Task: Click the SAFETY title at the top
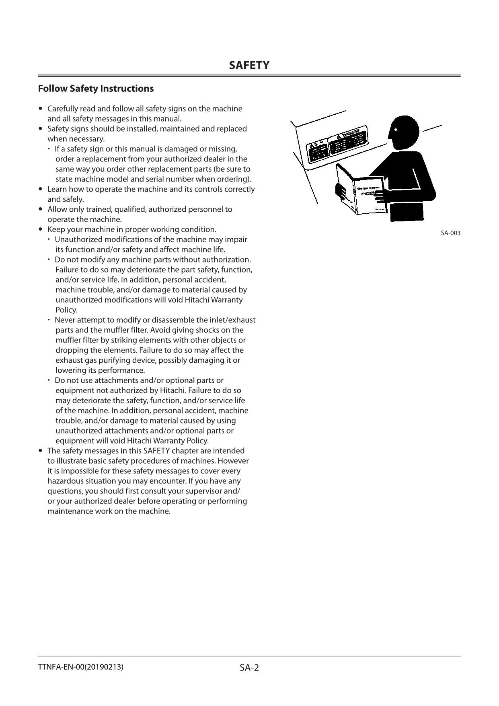249,66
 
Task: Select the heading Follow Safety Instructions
96,89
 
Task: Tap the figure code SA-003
450,233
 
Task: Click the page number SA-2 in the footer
249,668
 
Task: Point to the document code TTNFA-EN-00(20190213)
80,667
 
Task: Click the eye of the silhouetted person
396,130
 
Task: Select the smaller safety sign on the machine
318,151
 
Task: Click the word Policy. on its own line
66,310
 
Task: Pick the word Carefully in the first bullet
63,109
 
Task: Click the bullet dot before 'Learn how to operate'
40,189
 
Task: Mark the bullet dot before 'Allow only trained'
40,209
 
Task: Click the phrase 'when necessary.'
76,139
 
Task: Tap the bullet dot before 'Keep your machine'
40,229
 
